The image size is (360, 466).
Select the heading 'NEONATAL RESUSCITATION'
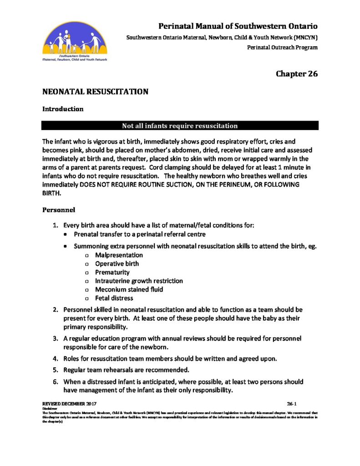tap(95, 92)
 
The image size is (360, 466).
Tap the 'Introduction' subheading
tap(63, 109)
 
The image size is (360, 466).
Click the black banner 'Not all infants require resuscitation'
tap(180, 126)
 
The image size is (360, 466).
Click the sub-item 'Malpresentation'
tap(119, 255)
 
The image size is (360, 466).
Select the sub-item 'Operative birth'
tap(117, 264)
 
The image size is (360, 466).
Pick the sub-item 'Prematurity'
tap(112, 272)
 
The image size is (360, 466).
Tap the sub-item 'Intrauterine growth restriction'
tap(139, 281)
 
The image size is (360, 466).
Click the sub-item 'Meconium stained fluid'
tap(129, 289)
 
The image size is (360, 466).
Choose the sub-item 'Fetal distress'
tap(114, 298)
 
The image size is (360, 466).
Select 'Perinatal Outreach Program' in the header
tap(282, 47)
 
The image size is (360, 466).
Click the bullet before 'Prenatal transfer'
tap(66, 234)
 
